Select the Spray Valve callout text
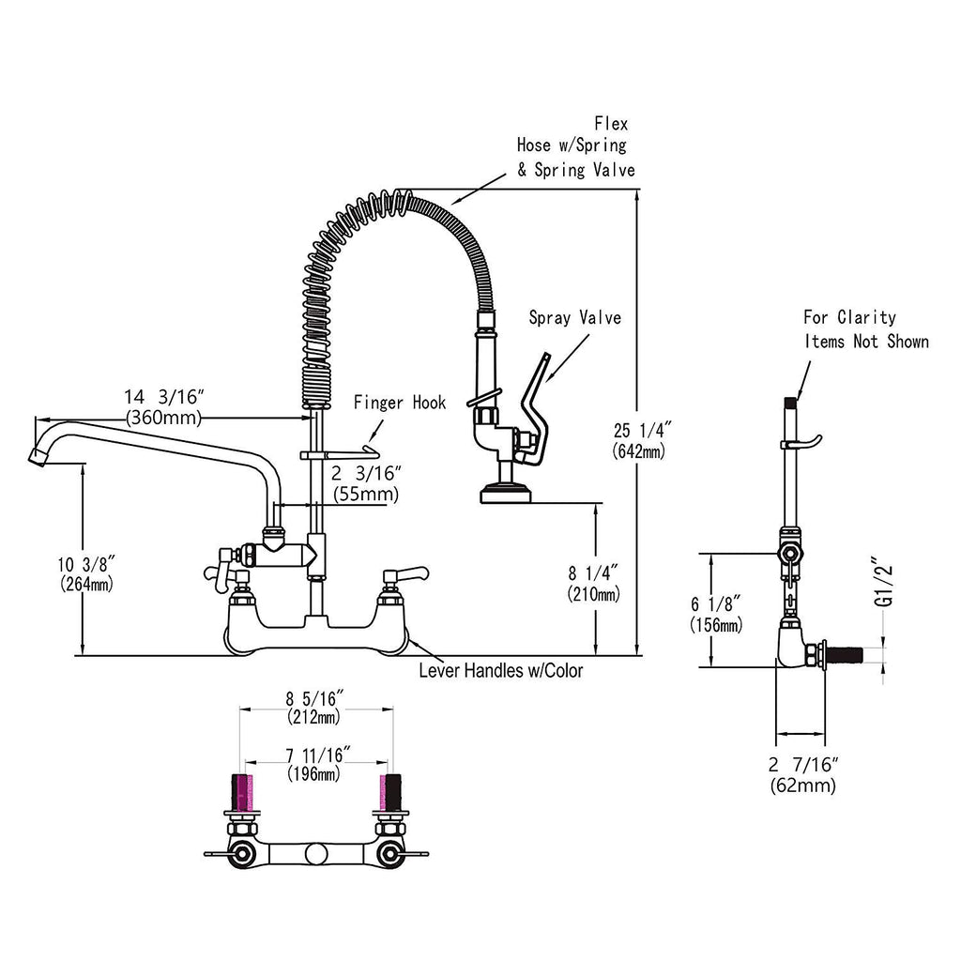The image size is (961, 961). coord(574,318)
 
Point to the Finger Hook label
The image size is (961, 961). coord(400,404)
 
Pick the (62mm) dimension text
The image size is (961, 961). coord(802,786)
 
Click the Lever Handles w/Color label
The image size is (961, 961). coord(500,671)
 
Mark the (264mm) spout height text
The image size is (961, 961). coord(84,584)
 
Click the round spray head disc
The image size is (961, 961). coord(506,492)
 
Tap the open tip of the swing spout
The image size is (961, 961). coord(38,457)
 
